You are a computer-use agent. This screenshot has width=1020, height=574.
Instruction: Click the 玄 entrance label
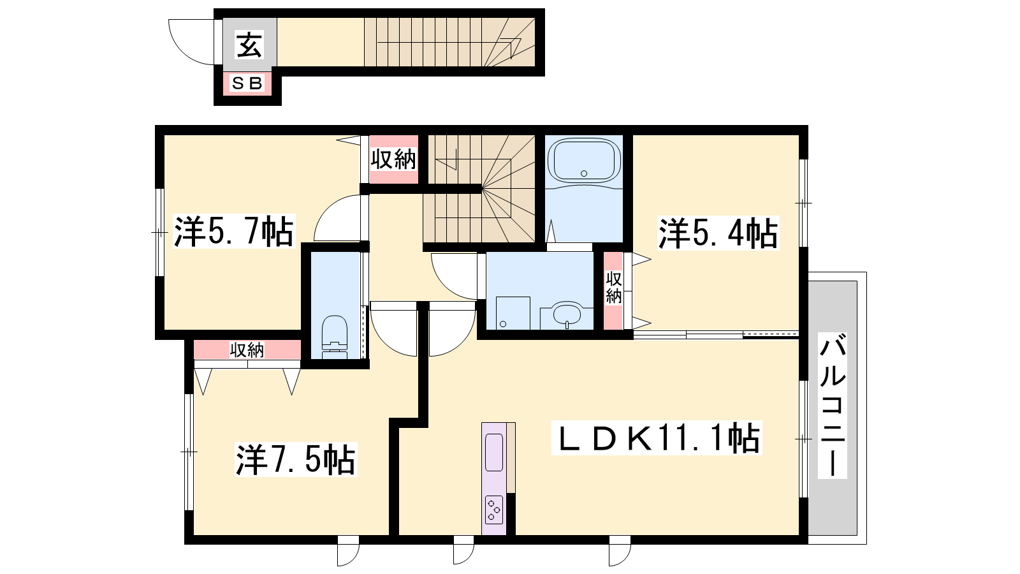pyautogui.click(x=249, y=45)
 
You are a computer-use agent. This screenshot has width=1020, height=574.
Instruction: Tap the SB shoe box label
pyautogui.click(x=247, y=83)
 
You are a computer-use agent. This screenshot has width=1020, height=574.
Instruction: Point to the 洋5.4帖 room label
pyautogui.click(x=718, y=233)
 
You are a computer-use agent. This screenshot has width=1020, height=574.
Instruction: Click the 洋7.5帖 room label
pyautogui.click(x=296, y=459)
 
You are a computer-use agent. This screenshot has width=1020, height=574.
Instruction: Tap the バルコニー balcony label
pyautogui.click(x=833, y=406)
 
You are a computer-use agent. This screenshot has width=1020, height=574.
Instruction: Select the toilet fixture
pyautogui.click(x=335, y=337)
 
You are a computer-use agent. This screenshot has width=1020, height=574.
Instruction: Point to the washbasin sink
pyautogui.click(x=567, y=315)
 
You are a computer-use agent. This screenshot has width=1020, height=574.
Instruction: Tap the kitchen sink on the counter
pyautogui.click(x=494, y=452)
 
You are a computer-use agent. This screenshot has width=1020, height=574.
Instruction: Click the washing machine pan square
pyautogui.click(x=513, y=313)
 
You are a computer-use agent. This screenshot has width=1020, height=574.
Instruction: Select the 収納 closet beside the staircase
pyautogui.click(x=393, y=159)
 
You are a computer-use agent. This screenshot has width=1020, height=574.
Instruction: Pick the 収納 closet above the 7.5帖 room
pyautogui.click(x=247, y=350)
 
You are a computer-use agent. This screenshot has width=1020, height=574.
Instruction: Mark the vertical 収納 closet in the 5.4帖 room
pyautogui.click(x=613, y=291)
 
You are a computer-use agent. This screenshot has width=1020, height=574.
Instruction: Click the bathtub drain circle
pyautogui.click(x=584, y=173)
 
